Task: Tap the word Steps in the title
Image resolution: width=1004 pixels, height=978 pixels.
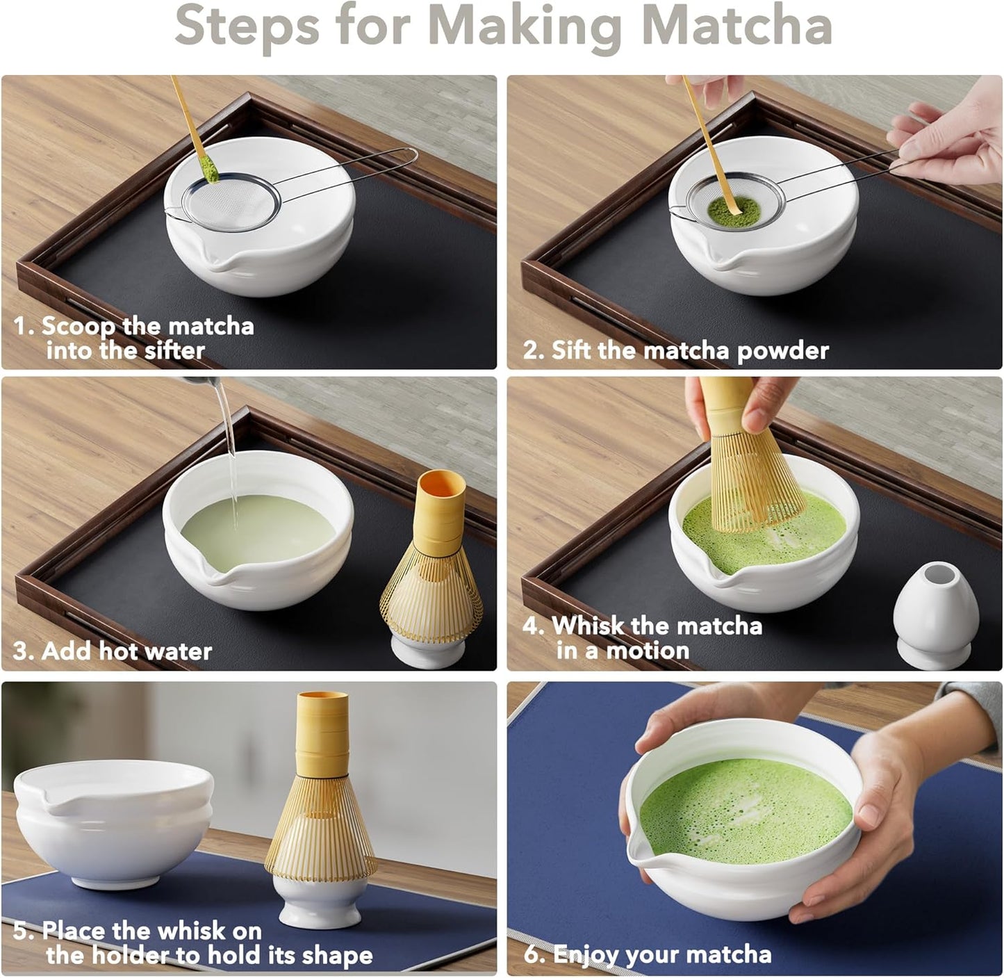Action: (x=247, y=26)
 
